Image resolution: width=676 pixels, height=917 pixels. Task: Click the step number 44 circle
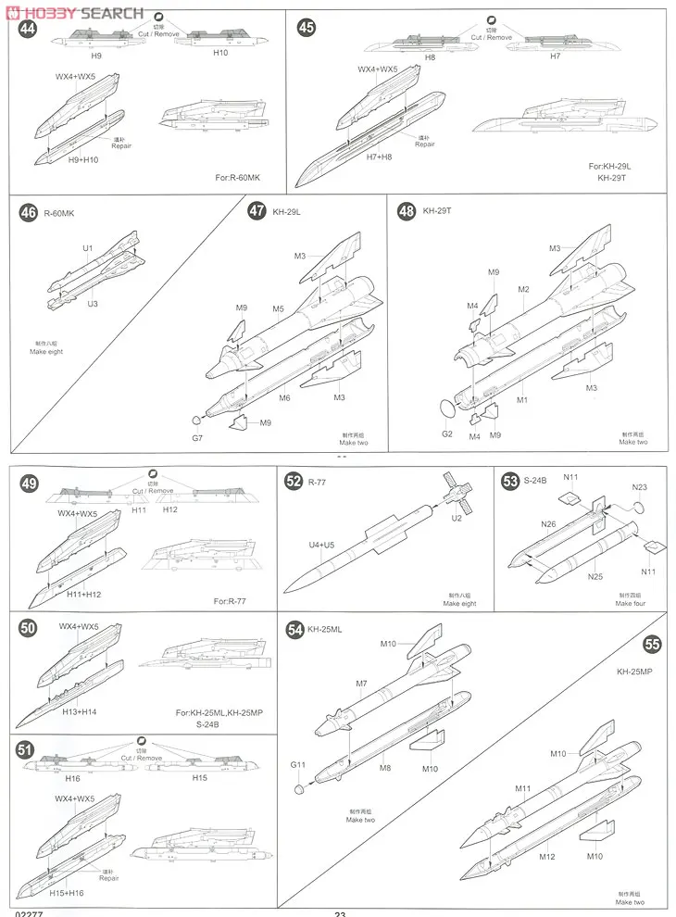[x=28, y=28]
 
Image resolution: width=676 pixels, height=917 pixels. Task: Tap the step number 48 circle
[x=406, y=211]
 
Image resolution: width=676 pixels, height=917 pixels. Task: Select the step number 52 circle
[x=294, y=481]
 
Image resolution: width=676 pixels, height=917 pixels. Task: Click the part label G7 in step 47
[x=197, y=437]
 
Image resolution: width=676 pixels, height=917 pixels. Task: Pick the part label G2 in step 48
[x=446, y=433]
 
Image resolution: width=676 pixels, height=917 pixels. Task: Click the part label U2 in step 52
[x=457, y=518]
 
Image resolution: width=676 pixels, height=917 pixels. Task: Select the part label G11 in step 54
[x=297, y=765]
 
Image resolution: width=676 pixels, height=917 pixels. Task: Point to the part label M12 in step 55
[x=547, y=856]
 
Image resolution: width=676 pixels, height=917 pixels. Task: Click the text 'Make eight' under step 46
[x=46, y=352]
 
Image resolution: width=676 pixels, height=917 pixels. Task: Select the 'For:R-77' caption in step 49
[x=233, y=601]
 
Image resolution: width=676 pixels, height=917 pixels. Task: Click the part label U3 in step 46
[x=91, y=303]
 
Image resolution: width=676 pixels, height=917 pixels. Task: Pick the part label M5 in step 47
[x=278, y=308]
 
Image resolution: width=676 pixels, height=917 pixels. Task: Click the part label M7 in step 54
[x=361, y=684]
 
